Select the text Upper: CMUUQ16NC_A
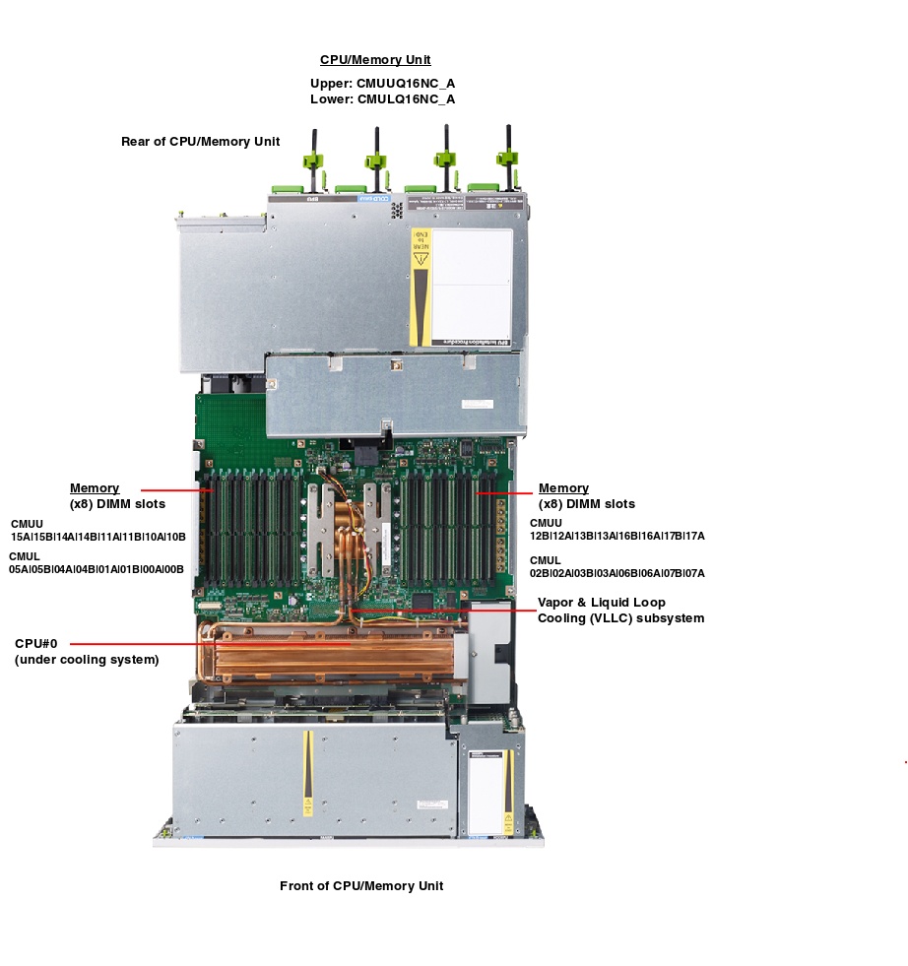click(x=382, y=83)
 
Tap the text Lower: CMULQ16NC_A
click(x=382, y=98)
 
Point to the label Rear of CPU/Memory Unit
click(x=201, y=142)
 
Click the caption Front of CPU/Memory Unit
click(x=361, y=886)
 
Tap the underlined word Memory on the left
click(x=95, y=488)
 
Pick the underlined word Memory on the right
click(x=563, y=488)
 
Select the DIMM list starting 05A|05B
click(x=97, y=569)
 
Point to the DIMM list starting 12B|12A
click(x=617, y=536)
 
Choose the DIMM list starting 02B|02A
click(x=617, y=573)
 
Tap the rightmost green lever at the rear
click(x=508, y=158)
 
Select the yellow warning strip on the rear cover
click(x=421, y=287)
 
